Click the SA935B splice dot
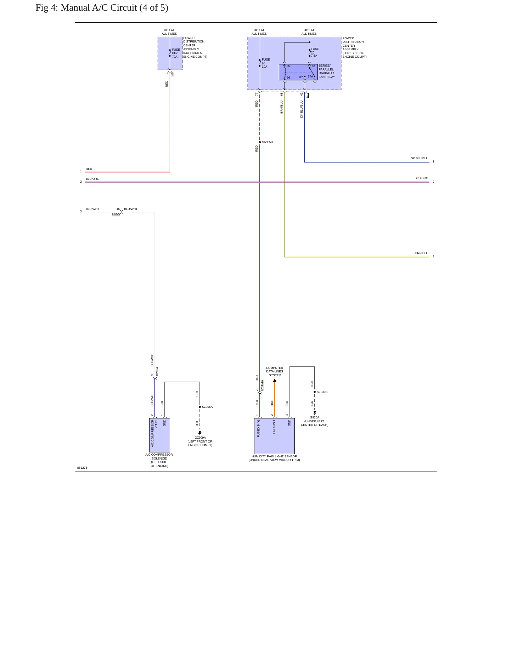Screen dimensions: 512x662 (x=260, y=142)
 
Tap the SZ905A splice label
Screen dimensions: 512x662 (x=207, y=407)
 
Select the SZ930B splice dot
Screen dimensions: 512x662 (x=315, y=392)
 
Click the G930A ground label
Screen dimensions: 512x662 (x=315, y=417)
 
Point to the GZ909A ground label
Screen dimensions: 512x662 (x=200, y=438)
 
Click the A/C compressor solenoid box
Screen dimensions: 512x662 (x=159, y=435)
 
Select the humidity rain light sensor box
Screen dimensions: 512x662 (x=274, y=436)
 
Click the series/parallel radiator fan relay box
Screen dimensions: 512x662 (x=298, y=72)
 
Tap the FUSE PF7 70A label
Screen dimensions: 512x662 (x=176, y=53)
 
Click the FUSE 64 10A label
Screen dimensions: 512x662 (x=266, y=63)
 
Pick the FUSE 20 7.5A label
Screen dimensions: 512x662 (x=315, y=52)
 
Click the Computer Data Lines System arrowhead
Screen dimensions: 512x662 (x=275, y=381)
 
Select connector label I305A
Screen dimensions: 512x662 (x=116, y=214)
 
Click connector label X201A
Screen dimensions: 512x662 (x=157, y=371)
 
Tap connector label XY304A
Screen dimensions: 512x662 (x=262, y=385)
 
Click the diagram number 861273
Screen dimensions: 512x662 (x=82, y=468)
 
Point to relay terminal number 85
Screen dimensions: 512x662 (x=288, y=66)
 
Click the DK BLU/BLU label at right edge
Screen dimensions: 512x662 (x=420, y=158)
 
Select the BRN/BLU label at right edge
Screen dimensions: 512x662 (x=422, y=253)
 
